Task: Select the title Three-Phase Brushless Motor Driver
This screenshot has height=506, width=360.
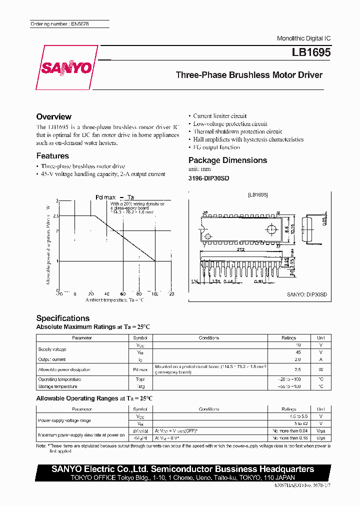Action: [x=249, y=75]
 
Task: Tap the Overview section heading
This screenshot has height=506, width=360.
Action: [x=53, y=116]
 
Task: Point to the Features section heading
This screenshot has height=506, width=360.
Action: [x=52, y=156]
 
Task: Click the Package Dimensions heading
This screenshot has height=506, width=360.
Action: [x=227, y=160]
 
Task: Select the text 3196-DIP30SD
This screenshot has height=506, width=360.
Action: [x=208, y=178]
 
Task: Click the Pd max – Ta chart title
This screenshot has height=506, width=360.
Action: [x=114, y=197]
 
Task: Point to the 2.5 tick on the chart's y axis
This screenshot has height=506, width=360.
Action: [x=55, y=216]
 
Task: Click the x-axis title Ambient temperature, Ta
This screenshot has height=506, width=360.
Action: [x=114, y=299]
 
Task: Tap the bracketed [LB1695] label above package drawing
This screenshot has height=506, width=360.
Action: [x=258, y=194]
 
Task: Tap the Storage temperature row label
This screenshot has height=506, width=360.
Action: [x=57, y=386]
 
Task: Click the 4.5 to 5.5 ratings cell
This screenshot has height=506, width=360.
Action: [x=288, y=416]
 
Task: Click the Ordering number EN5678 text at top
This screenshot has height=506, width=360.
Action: [x=59, y=24]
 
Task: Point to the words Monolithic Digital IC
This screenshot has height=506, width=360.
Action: [x=303, y=38]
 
